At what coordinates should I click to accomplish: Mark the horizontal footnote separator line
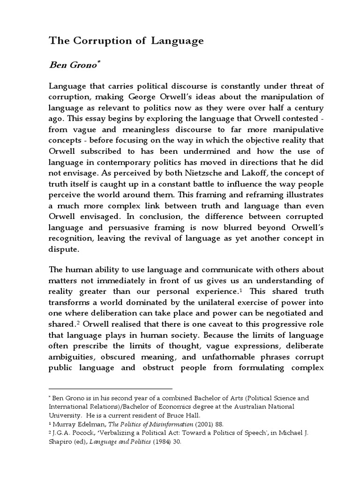111,389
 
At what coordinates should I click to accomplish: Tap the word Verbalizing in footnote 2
108,433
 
